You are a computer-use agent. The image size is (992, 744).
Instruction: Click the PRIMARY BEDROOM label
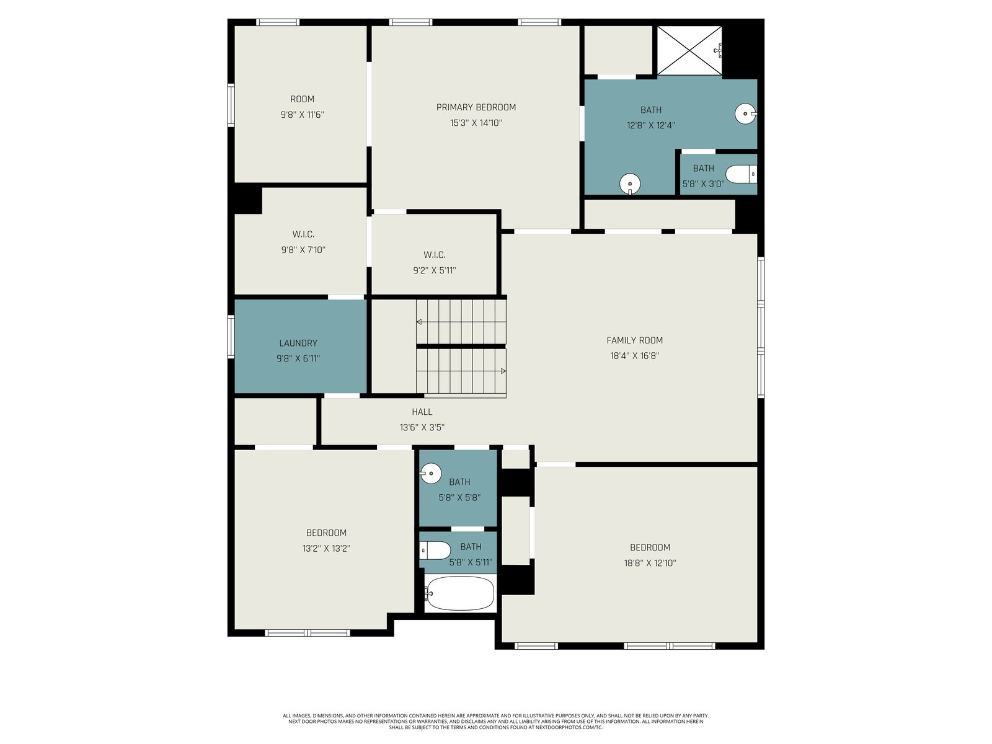[x=476, y=107]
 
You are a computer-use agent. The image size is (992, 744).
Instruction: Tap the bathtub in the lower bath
[x=459, y=593]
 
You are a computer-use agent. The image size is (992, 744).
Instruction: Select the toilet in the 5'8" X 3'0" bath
[x=741, y=174]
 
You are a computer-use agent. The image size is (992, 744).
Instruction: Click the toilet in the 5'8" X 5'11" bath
[x=435, y=550]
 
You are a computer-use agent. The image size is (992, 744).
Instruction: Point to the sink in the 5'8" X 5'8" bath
[x=430, y=473]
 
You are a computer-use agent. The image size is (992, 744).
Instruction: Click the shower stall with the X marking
[x=689, y=50]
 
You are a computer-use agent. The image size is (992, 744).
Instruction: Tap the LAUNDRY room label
[x=298, y=343]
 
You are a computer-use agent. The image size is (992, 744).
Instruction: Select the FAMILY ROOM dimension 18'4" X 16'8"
[x=634, y=356]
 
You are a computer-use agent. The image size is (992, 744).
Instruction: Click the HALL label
[x=422, y=412]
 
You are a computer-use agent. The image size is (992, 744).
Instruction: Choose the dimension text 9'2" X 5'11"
[x=435, y=270]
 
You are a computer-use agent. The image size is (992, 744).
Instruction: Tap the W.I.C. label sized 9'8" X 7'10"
[x=303, y=234]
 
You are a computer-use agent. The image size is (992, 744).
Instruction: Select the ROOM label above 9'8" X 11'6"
[x=303, y=99]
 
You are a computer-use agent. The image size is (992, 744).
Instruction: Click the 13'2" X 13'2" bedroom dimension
[x=326, y=549]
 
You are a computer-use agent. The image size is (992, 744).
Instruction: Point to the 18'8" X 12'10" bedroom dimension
[x=650, y=564]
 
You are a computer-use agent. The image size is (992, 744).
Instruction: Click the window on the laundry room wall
[x=231, y=337]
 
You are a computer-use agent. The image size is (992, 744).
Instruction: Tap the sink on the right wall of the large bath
[x=746, y=114]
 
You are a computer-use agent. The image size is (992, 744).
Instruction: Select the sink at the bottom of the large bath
[x=630, y=184]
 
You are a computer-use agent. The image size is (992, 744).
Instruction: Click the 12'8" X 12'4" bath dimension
[x=651, y=126]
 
